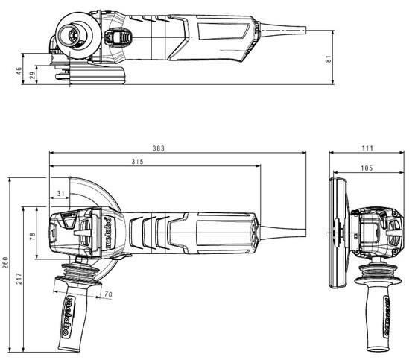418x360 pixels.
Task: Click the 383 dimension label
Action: [159, 148]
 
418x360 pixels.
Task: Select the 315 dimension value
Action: [138, 161]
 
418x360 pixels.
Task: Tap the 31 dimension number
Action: [61, 193]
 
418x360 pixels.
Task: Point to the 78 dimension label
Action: [33, 236]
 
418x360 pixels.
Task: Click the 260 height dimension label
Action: [6, 262]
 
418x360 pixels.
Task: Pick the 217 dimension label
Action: [19, 279]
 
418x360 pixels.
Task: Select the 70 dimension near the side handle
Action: [108, 294]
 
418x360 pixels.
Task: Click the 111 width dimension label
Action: [367, 148]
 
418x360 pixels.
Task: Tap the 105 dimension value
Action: [367, 168]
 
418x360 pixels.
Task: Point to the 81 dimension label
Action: [329, 59]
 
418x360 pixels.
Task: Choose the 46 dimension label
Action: [19, 71]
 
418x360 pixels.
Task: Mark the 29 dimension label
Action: [32, 75]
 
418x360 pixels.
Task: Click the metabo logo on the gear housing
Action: [108, 233]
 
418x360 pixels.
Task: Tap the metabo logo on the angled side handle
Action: [69, 317]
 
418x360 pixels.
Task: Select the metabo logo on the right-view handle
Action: [386, 315]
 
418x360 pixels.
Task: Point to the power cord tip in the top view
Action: [305, 30]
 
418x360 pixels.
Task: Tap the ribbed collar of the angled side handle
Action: [80, 273]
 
